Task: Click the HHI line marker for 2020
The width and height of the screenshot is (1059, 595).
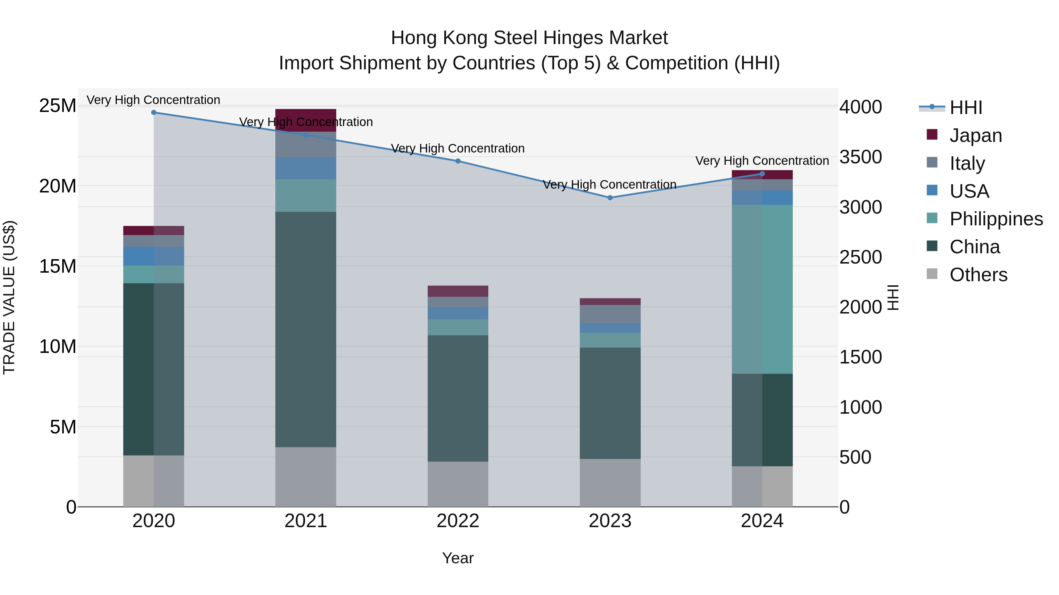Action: coord(154,113)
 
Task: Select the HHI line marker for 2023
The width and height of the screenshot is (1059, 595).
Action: coord(610,197)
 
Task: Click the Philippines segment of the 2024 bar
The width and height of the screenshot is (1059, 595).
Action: coord(762,289)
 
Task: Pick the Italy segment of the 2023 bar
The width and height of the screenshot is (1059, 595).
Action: coord(610,314)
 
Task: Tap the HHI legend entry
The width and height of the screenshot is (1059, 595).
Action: coord(965,108)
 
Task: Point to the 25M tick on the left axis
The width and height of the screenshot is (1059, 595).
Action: coord(58,106)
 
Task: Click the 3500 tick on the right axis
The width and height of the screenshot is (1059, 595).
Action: coord(860,157)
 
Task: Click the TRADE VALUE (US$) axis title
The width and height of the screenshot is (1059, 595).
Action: coord(9,298)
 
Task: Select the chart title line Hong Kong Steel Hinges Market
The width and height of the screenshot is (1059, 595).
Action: coord(529,38)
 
